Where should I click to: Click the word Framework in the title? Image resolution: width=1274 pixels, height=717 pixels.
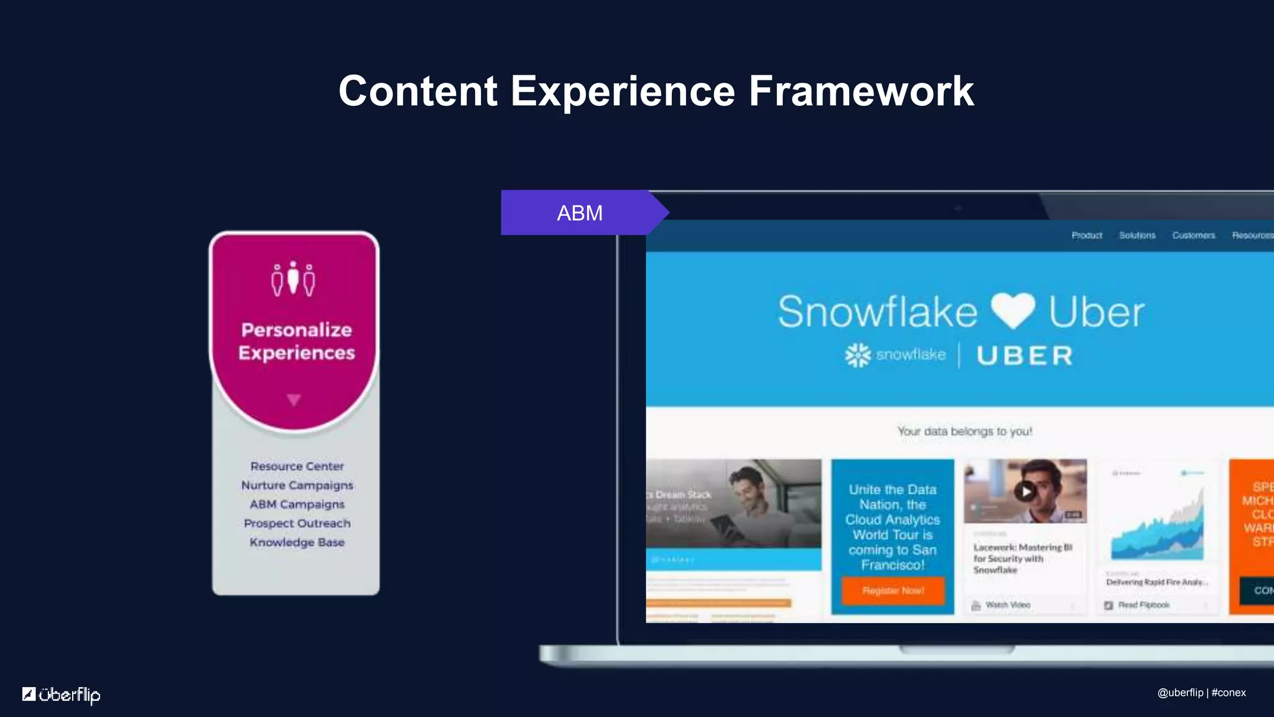click(x=861, y=91)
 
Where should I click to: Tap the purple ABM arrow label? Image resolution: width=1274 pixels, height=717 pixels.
click(x=580, y=213)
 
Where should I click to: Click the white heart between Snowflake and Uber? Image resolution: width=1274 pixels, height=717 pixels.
click(x=1013, y=311)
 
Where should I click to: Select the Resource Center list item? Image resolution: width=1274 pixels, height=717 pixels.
click(x=297, y=466)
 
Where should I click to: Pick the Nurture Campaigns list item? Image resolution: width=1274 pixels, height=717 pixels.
click(x=297, y=485)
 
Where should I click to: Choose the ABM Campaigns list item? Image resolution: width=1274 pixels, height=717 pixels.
click(x=297, y=504)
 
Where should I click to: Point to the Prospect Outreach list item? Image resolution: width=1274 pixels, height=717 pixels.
click(x=297, y=523)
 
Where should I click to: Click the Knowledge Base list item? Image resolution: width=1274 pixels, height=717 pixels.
click(x=297, y=542)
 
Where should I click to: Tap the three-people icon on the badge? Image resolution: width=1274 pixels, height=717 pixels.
click(x=293, y=279)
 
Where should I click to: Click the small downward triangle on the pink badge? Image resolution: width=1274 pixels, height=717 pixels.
click(x=294, y=400)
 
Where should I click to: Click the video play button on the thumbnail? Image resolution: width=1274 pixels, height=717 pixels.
click(x=1025, y=492)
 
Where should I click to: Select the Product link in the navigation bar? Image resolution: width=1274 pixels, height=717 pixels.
click(x=1087, y=235)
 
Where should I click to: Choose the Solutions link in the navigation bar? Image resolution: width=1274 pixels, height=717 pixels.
click(x=1137, y=235)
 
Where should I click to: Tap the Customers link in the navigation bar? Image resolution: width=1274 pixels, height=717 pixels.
click(x=1194, y=235)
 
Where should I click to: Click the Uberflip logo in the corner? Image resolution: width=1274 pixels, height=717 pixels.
click(x=61, y=695)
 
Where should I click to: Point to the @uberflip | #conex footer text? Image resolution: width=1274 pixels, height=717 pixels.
click(x=1201, y=693)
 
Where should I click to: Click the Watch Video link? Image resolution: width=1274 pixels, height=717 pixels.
click(x=1007, y=605)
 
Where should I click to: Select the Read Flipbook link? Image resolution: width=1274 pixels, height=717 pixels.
click(x=1143, y=605)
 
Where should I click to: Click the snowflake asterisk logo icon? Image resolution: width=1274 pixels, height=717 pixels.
click(x=858, y=355)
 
